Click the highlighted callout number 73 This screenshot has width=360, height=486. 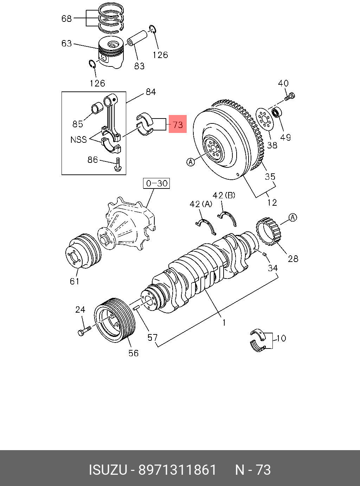coord(178,124)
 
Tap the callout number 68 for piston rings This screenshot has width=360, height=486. coord(66,18)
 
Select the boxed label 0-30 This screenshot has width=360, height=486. coord(156,183)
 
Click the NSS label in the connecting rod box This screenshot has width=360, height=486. coord(78,140)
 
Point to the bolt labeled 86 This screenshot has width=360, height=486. coord(118,165)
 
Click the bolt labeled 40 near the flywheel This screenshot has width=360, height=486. coord(290,96)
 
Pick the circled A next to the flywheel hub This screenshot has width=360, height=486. coord(191,162)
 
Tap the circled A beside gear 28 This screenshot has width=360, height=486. coord(293,217)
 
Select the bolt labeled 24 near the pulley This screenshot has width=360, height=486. coord(84,331)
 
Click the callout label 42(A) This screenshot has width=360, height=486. coord(201,204)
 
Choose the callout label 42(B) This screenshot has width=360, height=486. coord(224,195)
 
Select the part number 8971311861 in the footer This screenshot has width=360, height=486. coord(178,470)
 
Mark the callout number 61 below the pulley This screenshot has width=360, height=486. coord(75,281)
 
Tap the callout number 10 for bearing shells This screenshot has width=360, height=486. coord(281,338)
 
